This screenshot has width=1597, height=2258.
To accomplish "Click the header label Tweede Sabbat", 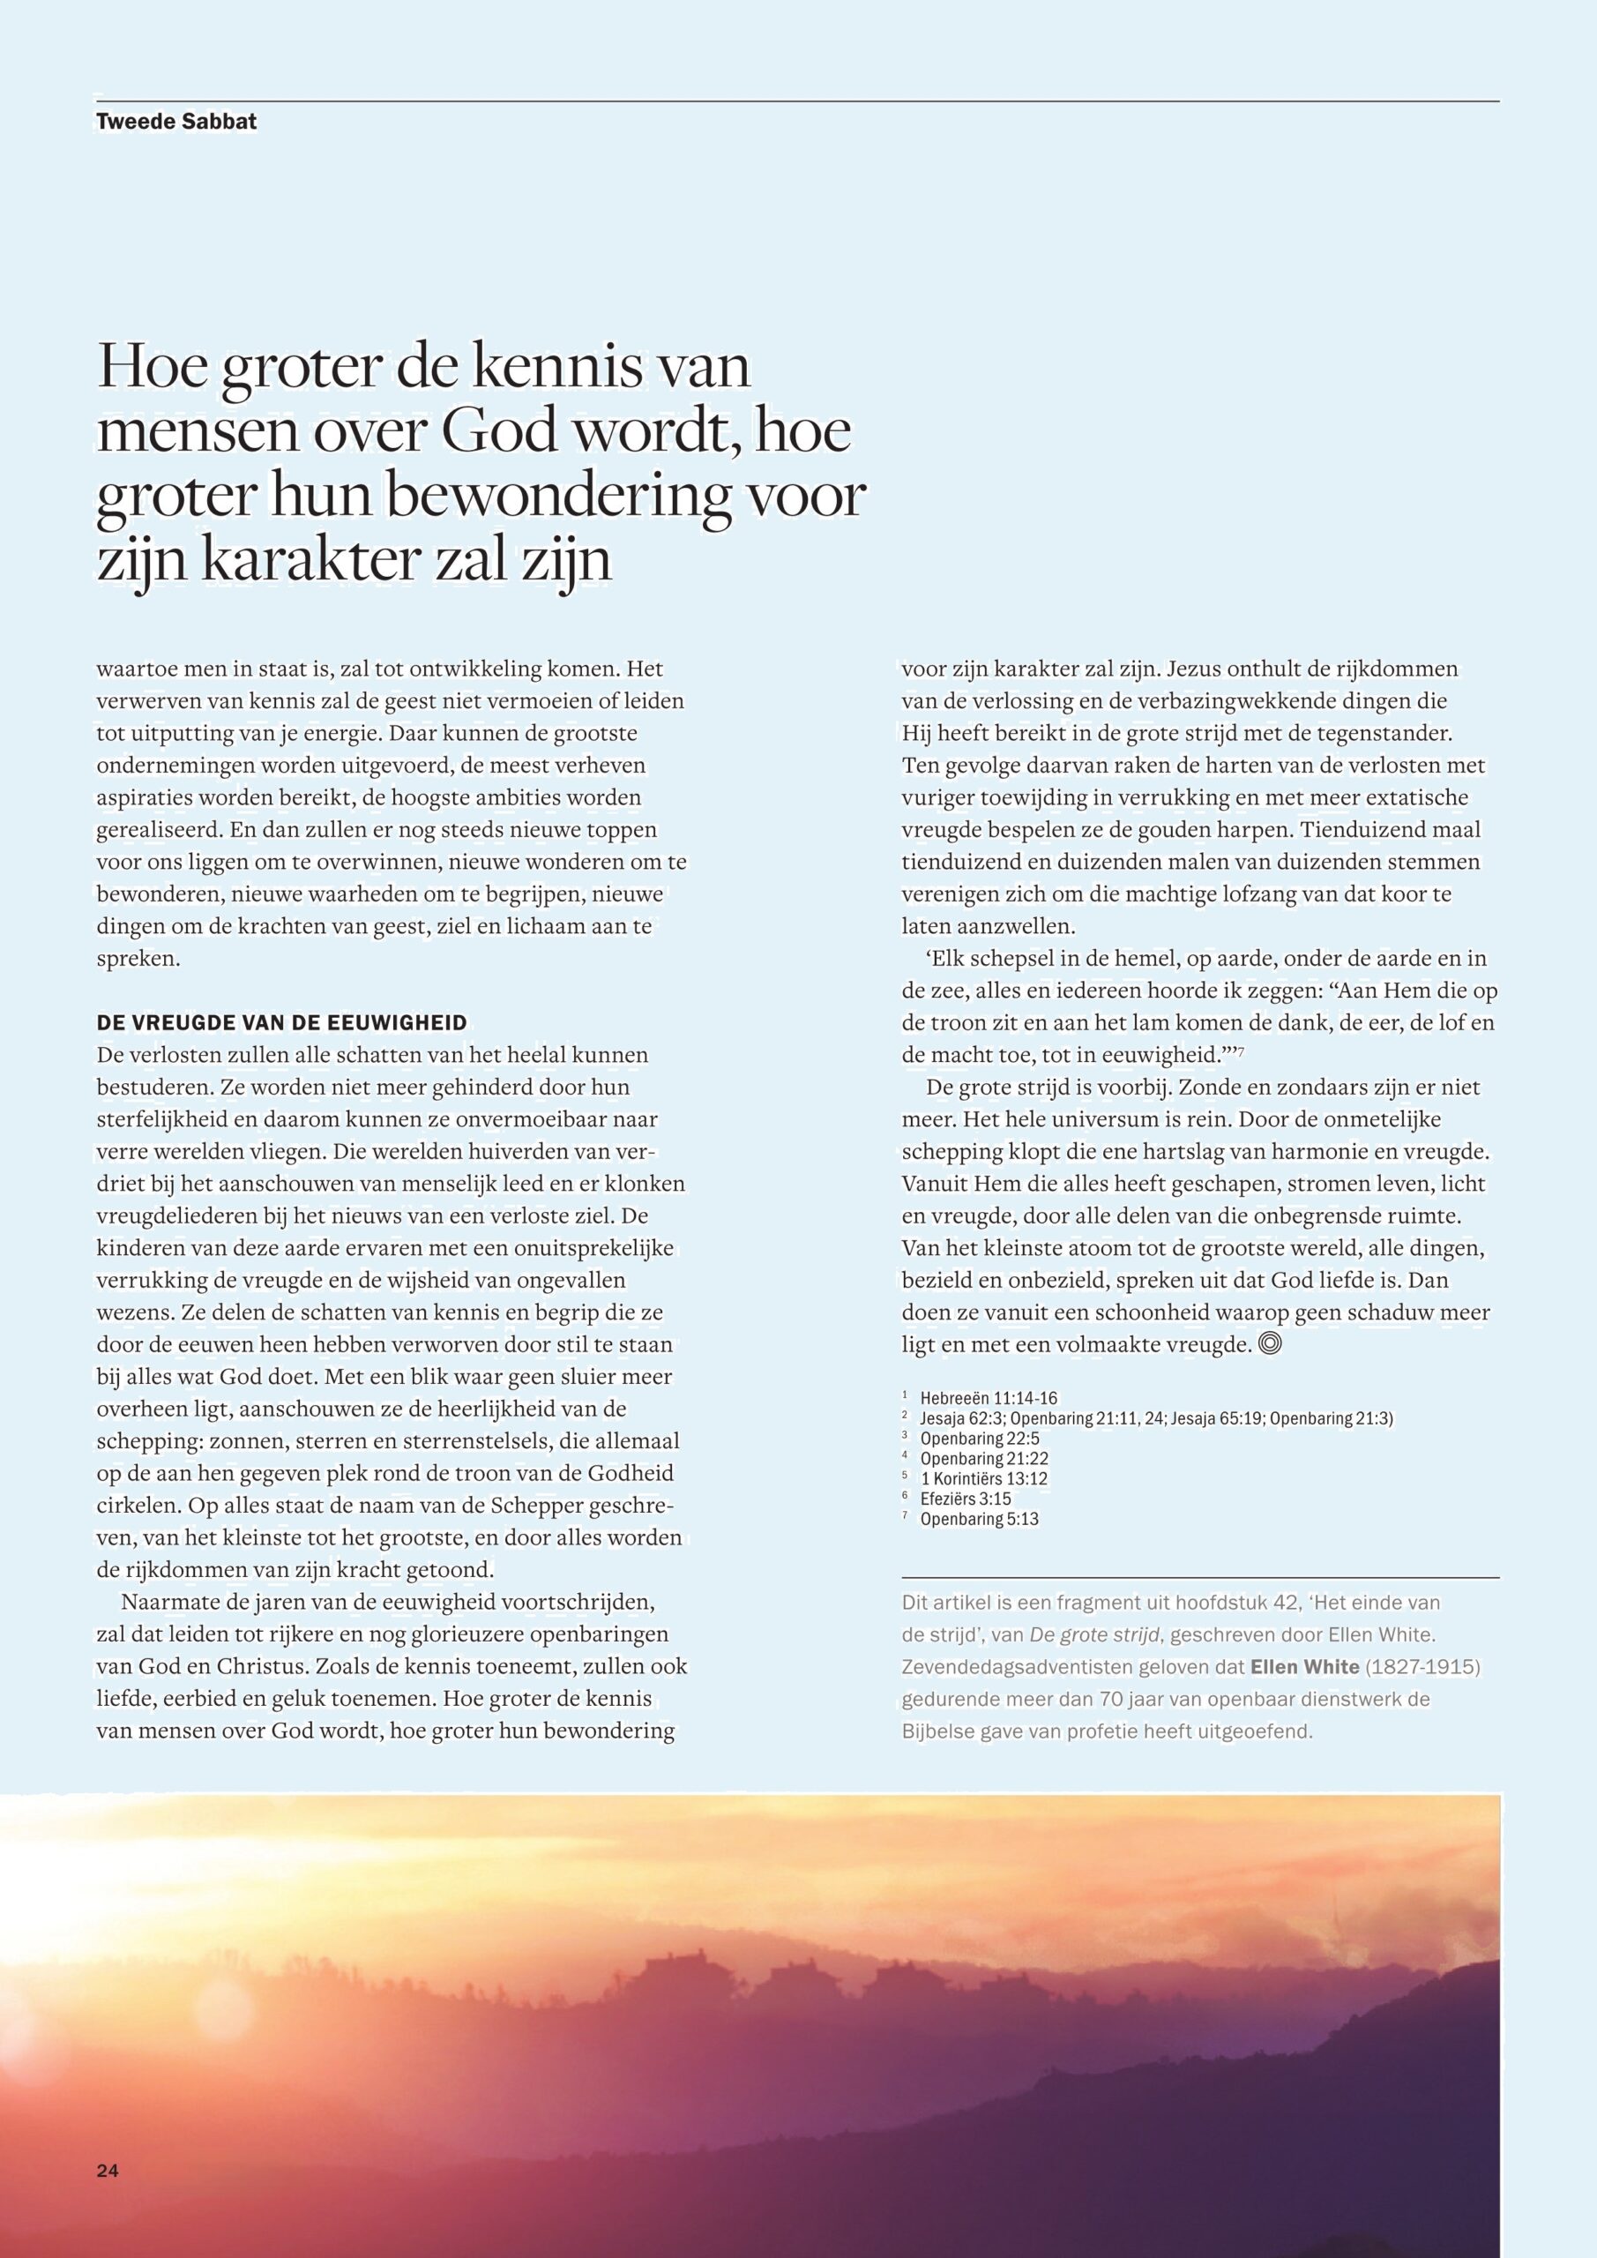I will click(x=176, y=122).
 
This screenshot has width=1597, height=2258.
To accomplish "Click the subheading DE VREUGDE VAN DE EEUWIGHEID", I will click(x=281, y=1024).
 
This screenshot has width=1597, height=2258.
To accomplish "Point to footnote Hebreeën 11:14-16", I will click(x=989, y=1397).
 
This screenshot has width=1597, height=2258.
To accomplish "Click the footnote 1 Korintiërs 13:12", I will click(x=983, y=1478).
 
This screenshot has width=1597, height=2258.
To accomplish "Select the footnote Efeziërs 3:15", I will click(x=966, y=1499).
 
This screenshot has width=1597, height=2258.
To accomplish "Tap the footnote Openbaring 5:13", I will click(x=980, y=1520).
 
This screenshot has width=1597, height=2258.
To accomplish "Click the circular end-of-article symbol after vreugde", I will click(x=1271, y=1343).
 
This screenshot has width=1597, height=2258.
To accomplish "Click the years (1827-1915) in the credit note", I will click(x=1423, y=1667).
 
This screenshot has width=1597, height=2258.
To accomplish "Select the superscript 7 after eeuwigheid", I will click(x=1241, y=1052).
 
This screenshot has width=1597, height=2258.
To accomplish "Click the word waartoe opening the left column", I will click(x=135, y=669).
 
